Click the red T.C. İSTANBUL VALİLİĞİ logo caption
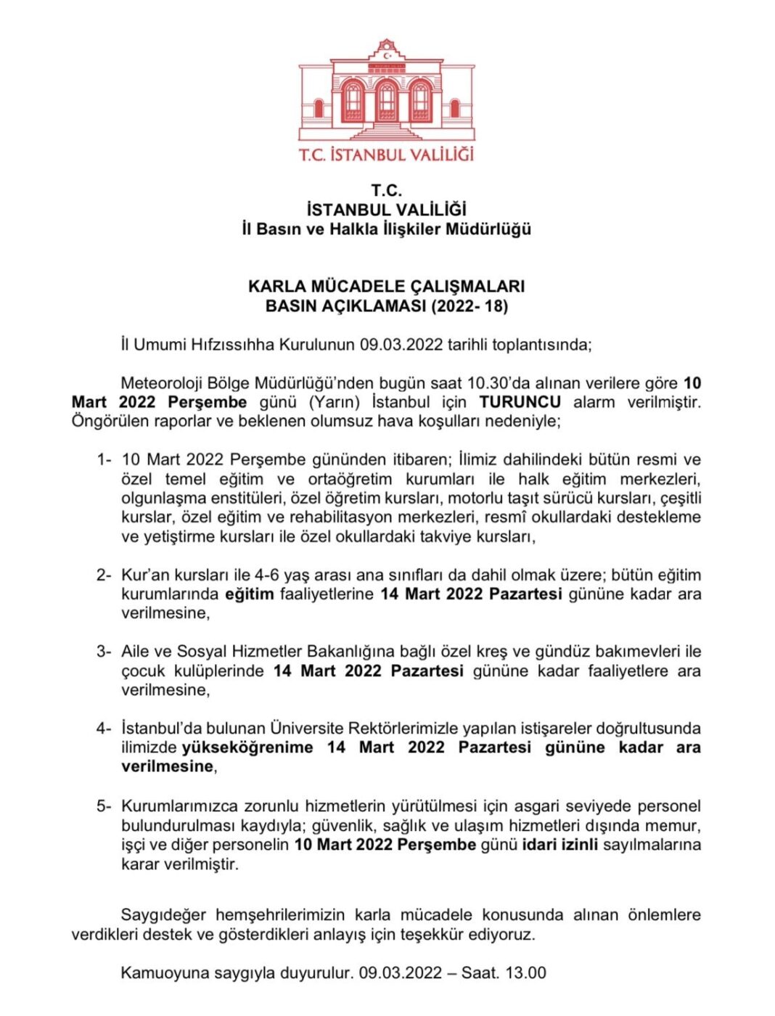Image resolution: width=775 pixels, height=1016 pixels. click(387, 155)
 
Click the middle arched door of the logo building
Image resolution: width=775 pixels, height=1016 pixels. click(387, 102)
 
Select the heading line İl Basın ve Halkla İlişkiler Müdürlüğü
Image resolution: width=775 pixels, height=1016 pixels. click(387, 229)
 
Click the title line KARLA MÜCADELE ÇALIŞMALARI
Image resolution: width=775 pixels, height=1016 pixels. click(387, 286)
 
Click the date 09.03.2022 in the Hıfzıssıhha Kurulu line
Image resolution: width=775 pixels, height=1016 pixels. click(401, 345)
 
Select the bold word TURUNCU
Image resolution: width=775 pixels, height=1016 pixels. click(520, 402)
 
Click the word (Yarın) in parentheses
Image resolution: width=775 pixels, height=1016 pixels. click(335, 402)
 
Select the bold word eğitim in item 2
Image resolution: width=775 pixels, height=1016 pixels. click(249, 594)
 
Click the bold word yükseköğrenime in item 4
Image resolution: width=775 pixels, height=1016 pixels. click(247, 747)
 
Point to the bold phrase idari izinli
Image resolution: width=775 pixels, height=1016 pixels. click(559, 845)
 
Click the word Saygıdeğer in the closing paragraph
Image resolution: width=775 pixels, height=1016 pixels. click(163, 915)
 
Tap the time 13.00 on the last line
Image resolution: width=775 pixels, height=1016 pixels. click(525, 973)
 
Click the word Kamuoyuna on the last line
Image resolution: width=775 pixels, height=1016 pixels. click(165, 973)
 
